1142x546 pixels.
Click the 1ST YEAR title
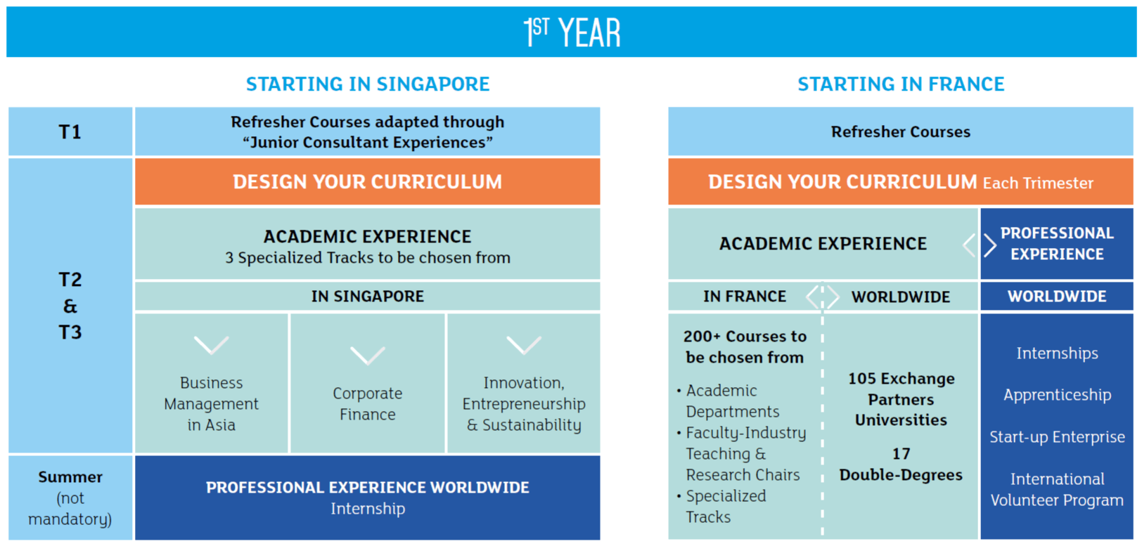572,32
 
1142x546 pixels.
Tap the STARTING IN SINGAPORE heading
368,84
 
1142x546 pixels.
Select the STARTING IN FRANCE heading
901,84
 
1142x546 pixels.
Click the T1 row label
70,132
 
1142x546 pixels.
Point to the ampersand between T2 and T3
70,306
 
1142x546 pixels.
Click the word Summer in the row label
70,476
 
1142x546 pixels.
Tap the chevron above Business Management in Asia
211,345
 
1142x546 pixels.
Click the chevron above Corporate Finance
367,356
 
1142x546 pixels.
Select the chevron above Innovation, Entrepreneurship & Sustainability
524,345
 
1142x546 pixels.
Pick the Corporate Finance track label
368,403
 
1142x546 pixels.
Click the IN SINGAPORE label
368,297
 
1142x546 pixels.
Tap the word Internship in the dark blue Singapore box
368,508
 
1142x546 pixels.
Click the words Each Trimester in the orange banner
1038,183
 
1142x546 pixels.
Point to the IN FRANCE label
744,297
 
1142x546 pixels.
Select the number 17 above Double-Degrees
901,453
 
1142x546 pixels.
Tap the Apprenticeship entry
1057,395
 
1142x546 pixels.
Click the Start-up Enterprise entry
1057,437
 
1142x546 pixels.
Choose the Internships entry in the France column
1057,353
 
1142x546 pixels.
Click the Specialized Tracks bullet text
726,506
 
